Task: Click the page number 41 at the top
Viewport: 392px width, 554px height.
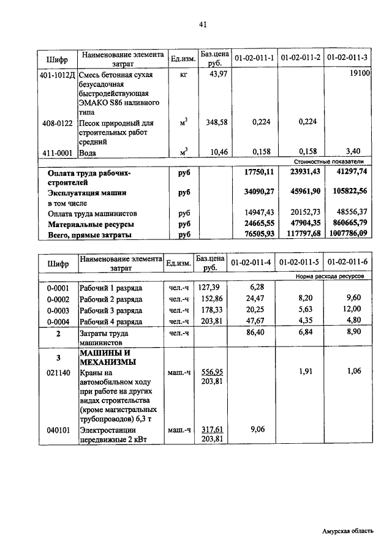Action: (x=203, y=24)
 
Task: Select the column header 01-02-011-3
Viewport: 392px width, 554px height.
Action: (x=347, y=58)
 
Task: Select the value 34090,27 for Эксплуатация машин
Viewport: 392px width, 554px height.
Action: (x=255, y=192)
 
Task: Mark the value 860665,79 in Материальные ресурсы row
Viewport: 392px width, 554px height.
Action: (x=347, y=224)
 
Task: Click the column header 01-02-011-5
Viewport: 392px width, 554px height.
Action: (x=299, y=261)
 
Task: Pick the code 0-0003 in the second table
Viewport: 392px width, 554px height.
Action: (x=58, y=310)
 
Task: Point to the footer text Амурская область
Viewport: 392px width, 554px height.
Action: (x=347, y=531)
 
